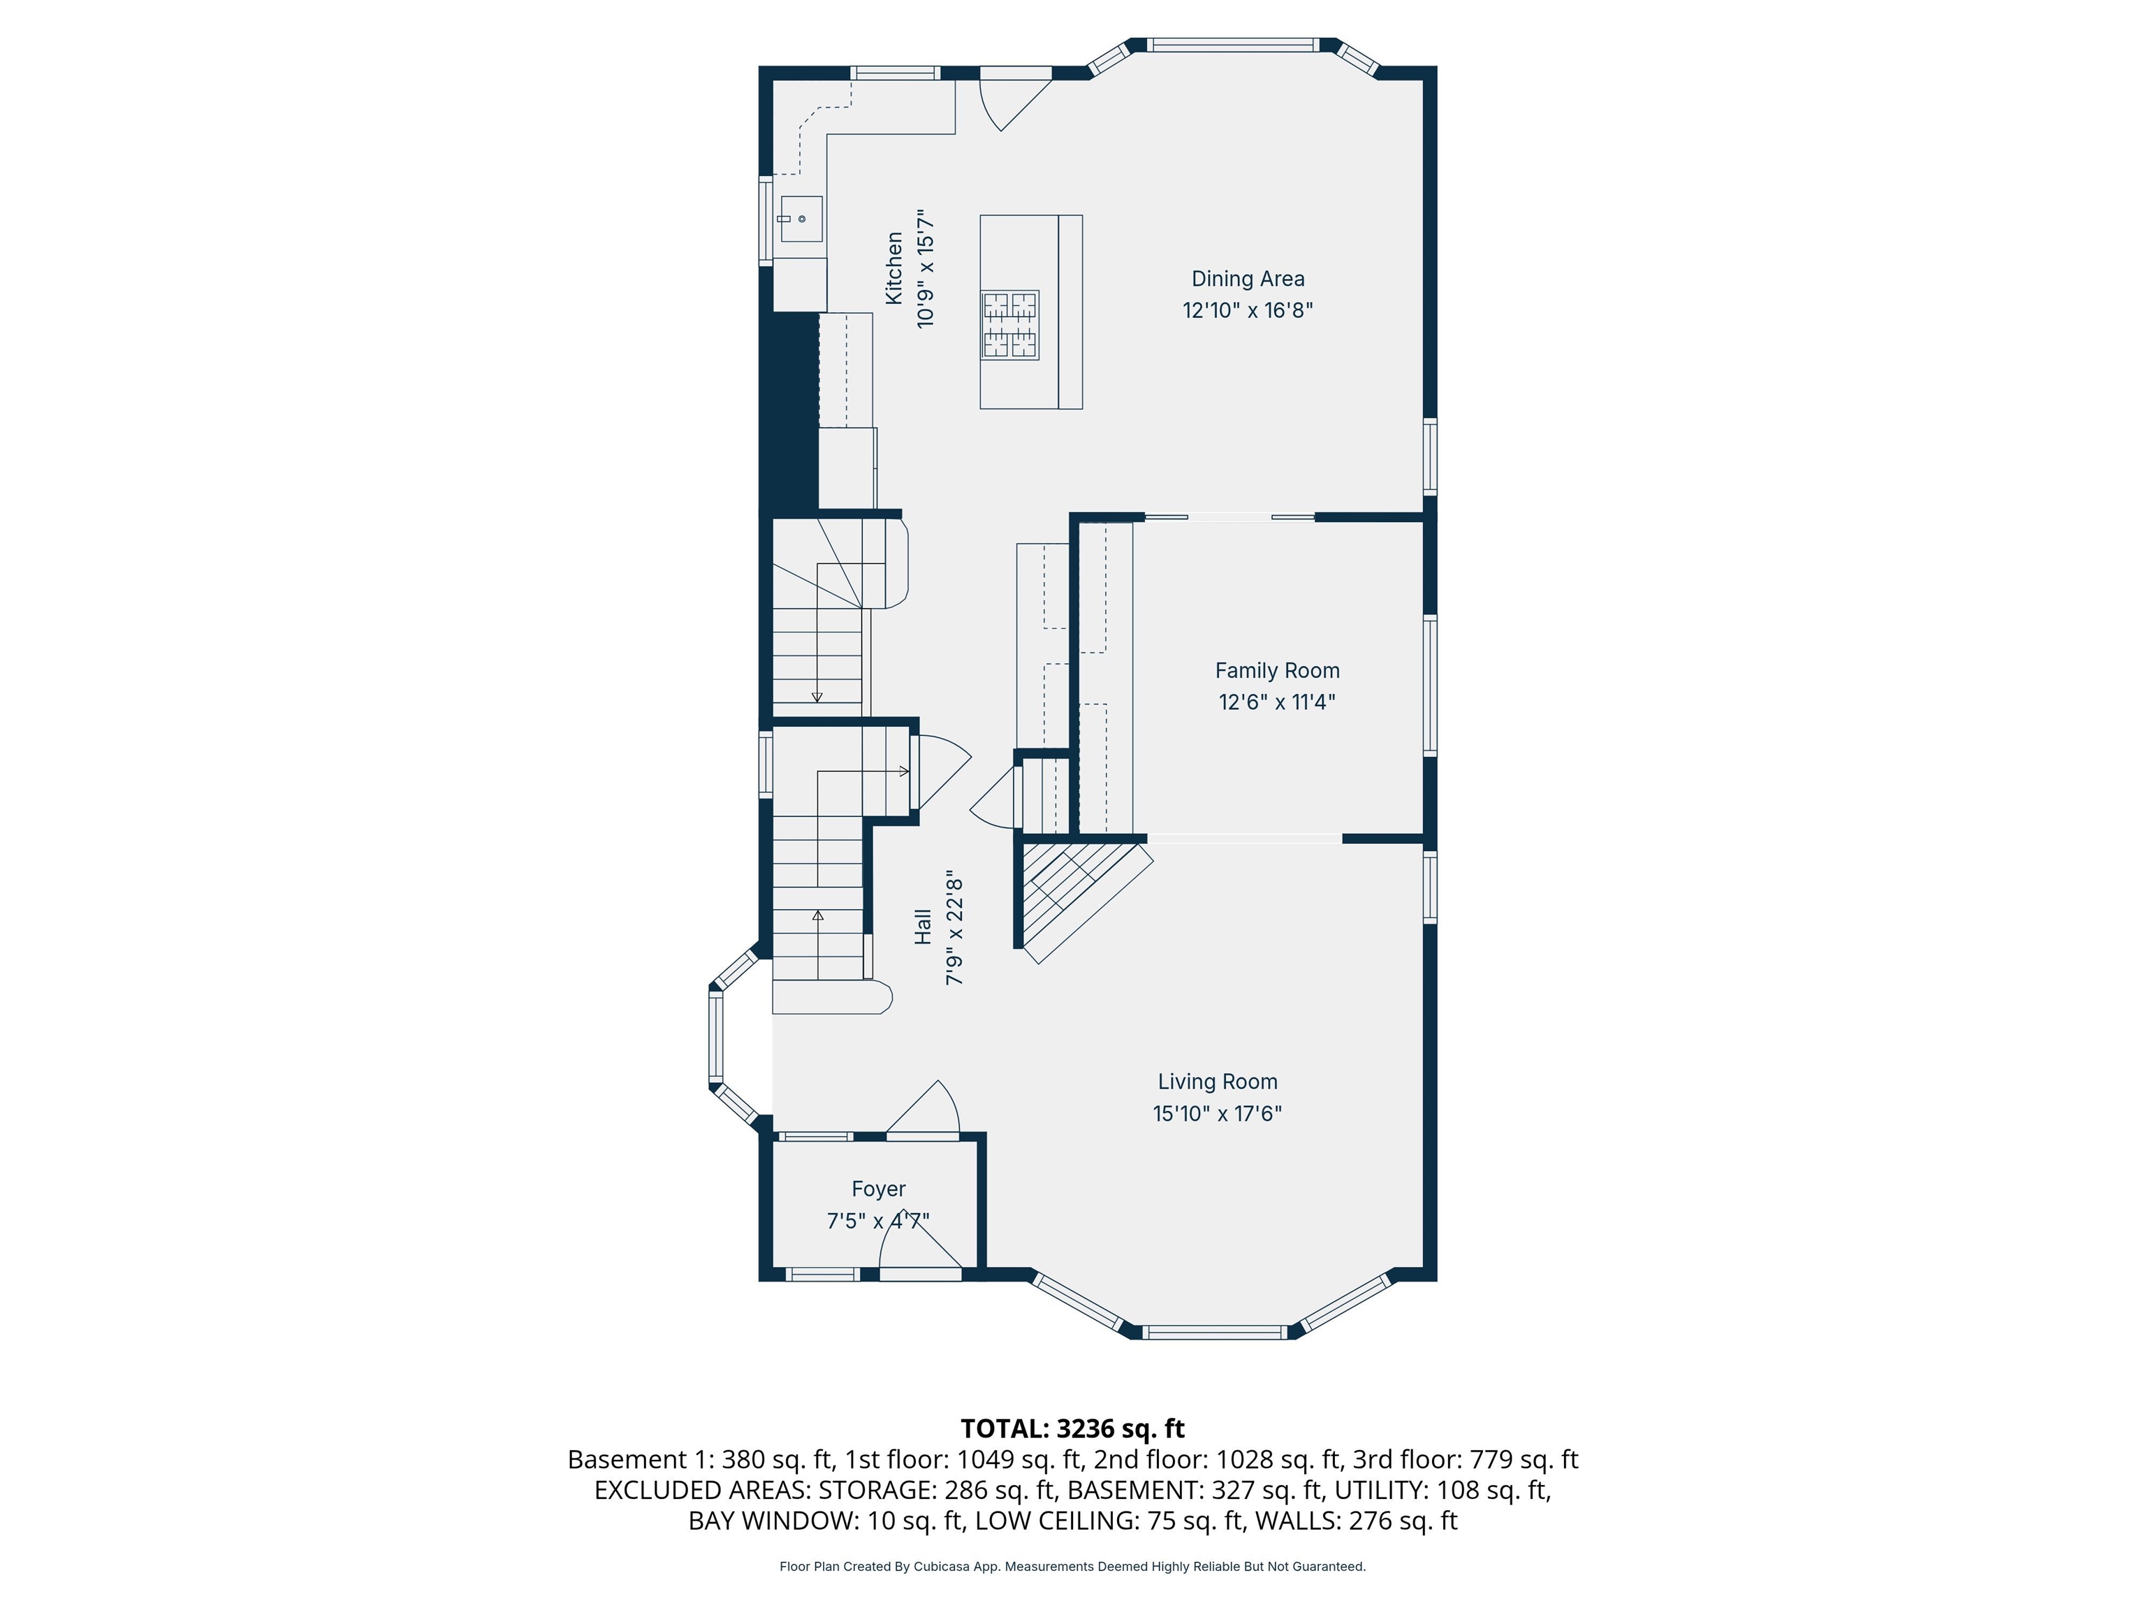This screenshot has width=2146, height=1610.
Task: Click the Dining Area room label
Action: (1248, 280)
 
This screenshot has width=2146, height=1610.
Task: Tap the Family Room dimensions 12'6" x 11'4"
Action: (1277, 702)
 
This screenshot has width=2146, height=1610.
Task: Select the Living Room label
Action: (1218, 1082)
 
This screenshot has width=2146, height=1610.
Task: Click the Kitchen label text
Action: (893, 268)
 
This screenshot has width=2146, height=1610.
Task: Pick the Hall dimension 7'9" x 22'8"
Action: (955, 928)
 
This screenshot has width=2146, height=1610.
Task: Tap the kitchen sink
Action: (801, 218)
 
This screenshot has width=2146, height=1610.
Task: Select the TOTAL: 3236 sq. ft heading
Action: (1072, 1428)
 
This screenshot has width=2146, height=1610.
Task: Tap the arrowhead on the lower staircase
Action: (818, 915)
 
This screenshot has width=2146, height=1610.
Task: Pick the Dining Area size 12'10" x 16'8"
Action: (1248, 310)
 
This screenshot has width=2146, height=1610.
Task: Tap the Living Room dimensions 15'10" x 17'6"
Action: (1218, 1114)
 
